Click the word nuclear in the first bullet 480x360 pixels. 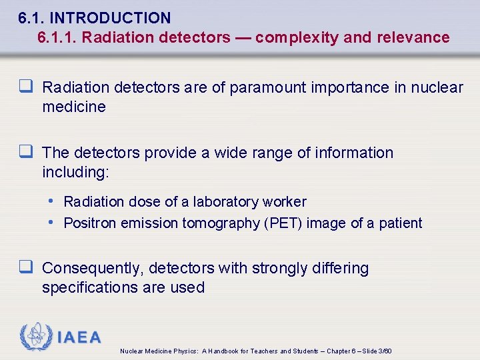pos(437,87)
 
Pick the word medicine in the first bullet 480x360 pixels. pos(73,107)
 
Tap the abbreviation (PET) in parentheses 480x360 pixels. pos(284,223)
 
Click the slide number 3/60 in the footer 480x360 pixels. pos(384,351)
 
